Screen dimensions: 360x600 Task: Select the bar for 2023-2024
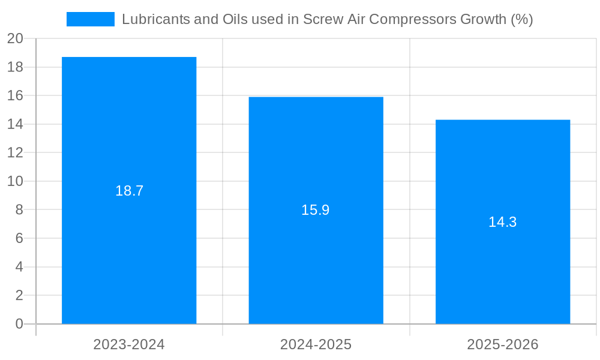point(129,252)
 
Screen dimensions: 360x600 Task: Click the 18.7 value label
point(129,191)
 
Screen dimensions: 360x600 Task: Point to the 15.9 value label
point(316,210)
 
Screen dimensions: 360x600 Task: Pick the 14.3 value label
point(503,222)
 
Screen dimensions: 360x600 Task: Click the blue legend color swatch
point(90,19)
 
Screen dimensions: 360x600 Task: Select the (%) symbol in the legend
point(521,19)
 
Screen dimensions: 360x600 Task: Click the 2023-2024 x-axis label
point(129,344)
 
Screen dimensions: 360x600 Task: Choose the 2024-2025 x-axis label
point(316,344)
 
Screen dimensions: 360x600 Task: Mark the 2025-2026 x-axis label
point(503,344)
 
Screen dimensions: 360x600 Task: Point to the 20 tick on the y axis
point(15,38)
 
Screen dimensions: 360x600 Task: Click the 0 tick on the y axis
point(19,324)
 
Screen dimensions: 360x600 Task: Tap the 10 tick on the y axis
point(15,181)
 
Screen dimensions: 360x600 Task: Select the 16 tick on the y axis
point(15,95)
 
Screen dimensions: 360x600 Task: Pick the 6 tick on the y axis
point(19,238)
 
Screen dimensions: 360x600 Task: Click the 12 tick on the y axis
point(15,152)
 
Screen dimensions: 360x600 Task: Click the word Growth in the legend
point(482,19)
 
